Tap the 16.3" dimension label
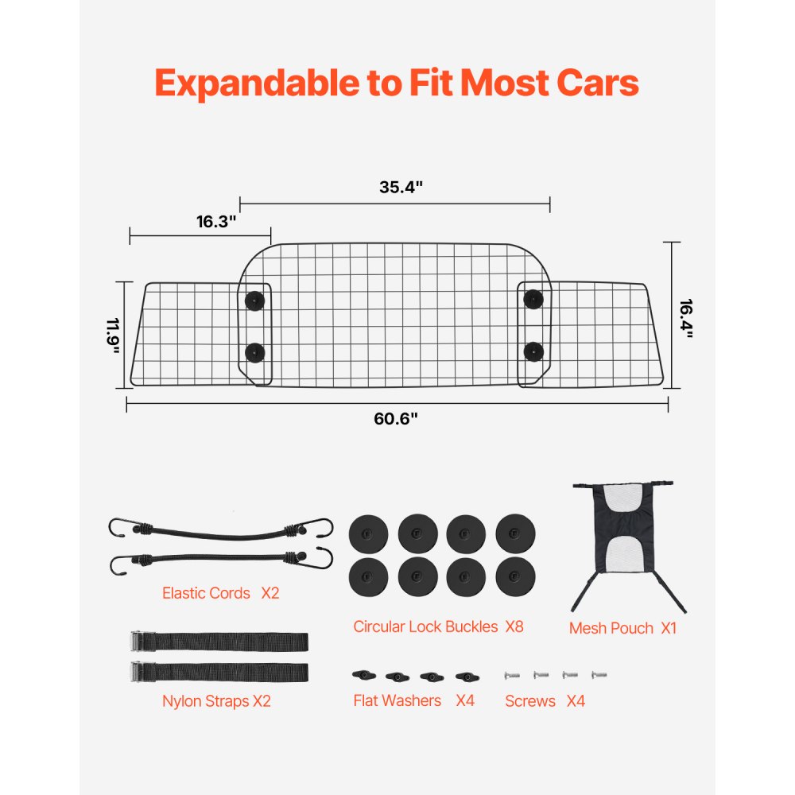click(x=217, y=222)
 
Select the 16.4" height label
click(x=686, y=318)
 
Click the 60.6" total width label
click(x=396, y=419)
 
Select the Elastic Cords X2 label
click(x=220, y=593)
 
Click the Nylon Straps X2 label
click(x=216, y=701)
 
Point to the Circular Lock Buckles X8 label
click(x=438, y=626)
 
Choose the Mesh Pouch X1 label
click(x=622, y=628)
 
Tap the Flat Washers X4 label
click(x=413, y=701)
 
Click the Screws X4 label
click(x=545, y=701)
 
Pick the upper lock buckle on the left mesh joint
click(x=254, y=301)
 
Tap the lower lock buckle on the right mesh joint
click(x=533, y=351)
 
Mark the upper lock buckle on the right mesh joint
click(x=533, y=299)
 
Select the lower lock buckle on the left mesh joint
click(x=254, y=352)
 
